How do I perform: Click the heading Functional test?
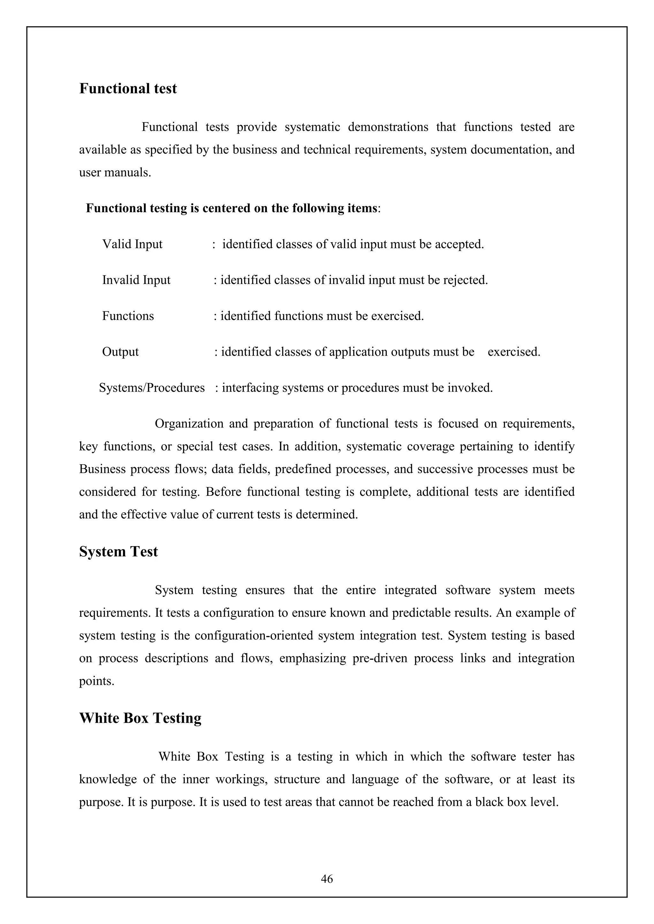(x=128, y=88)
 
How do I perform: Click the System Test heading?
(x=118, y=551)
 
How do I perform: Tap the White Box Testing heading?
(x=140, y=718)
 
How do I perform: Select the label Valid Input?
(x=132, y=244)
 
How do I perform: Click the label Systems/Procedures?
(x=152, y=388)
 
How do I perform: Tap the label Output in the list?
(x=120, y=352)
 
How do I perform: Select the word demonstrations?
(x=388, y=127)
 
